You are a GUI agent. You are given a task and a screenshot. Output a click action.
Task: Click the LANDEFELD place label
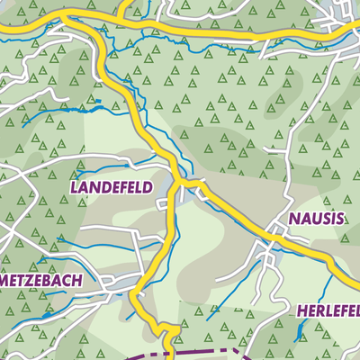[x=111, y=187]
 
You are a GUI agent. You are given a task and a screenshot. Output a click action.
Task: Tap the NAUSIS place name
[x=317, y=218]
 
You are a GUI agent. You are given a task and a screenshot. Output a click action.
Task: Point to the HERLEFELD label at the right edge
[x=328, y=311]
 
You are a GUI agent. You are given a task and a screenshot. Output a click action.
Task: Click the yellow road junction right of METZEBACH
[x=137, y=293]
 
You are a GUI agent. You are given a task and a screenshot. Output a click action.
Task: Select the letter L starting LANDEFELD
[x=73, y=187]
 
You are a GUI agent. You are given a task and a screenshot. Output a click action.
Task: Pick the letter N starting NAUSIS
[x=293, y=218]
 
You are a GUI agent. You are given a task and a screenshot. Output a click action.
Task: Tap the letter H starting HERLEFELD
[x=300, y=311]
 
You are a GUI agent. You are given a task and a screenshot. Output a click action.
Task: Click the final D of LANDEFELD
[x=148, y=187]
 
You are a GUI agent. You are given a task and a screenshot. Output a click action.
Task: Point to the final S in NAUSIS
[x=340, y=218]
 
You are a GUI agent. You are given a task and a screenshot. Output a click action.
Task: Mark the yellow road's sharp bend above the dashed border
[x=167, y=331]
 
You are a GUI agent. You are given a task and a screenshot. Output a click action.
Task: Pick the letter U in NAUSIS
[x=316, y=218]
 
